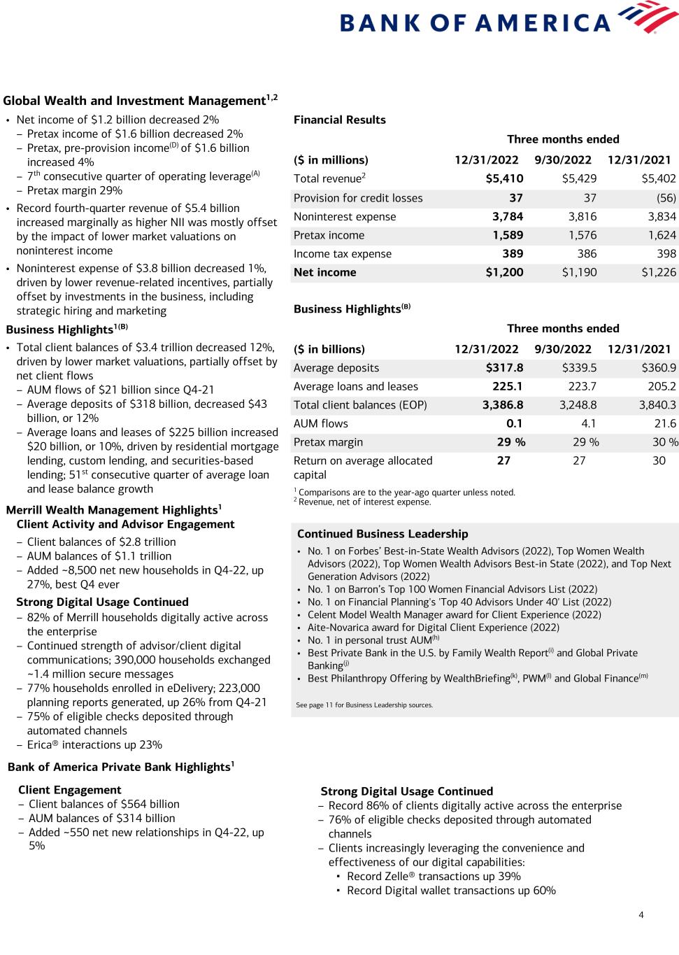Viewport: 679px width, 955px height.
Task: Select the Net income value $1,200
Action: coord(504,273)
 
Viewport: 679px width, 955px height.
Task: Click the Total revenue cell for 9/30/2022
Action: coord(579,179)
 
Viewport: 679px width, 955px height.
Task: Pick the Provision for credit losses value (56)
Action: coord(666,198)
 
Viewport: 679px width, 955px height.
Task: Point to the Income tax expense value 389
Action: coord(513,254)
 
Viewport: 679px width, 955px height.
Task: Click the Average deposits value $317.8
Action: coord(504,368)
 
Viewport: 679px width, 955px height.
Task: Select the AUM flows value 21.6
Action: coord(665,423)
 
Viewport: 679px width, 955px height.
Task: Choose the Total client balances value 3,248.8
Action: coord(578,405)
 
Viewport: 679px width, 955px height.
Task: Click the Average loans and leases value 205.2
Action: coord(662,386)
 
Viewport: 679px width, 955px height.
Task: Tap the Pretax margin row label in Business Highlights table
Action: coord(328,442)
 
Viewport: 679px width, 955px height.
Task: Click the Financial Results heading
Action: coord(340,120)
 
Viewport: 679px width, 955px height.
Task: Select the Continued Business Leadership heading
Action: coord(383,534)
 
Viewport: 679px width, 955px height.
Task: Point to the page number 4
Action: coord(641,914)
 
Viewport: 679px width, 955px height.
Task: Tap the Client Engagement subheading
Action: coord(70,790)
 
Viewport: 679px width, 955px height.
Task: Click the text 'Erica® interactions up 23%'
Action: coord(94,745)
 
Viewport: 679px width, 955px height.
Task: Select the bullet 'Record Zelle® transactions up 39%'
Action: coord(434,877)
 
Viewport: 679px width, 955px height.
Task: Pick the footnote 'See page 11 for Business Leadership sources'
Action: coord(364,705)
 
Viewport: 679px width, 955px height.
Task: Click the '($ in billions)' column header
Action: coord(331,349)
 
